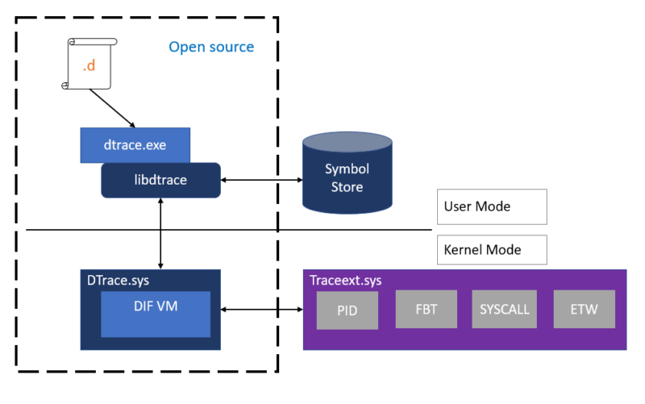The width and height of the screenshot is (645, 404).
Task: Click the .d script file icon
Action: pos(89,64)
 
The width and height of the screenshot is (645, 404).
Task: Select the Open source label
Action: pos(211,47)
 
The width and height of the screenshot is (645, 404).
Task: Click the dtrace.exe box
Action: pos(135,145)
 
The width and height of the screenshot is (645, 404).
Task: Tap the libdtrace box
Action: pos(160,180)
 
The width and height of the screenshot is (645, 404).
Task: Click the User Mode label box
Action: pos(492,207)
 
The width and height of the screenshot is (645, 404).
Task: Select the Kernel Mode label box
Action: pos(492,250)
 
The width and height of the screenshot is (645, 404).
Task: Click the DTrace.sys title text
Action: pos(118,281)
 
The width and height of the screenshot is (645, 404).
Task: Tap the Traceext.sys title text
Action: pos(346,281)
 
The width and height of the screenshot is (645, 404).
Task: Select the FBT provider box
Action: pos(426,310)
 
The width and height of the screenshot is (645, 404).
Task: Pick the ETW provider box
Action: pos(585,310)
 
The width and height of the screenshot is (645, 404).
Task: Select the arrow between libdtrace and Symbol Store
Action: pos(261,180)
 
